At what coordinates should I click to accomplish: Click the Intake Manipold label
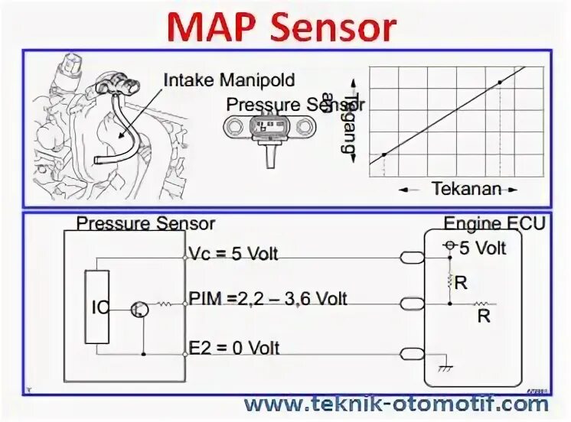[229, 80]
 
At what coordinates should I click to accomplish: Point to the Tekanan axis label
[465, 188]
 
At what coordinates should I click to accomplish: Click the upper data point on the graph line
[500, 82]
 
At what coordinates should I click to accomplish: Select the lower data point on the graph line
[383, 155]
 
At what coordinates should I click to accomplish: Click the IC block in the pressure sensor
[98, 307]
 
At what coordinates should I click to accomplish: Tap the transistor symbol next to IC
[139, 309]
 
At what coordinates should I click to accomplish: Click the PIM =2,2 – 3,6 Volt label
[267, 298]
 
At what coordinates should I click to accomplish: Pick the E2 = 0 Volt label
[234, 348]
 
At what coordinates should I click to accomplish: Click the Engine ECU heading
[495, 223]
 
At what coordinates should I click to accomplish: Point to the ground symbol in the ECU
[443, 367]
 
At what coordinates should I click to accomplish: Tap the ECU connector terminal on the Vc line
[412, 258]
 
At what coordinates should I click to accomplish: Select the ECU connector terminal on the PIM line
[412, 304]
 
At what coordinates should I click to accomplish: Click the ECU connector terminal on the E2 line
[412, 353]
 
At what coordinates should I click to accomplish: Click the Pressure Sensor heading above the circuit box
[145, 223]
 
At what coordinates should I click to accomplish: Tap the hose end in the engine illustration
[99, 161]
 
